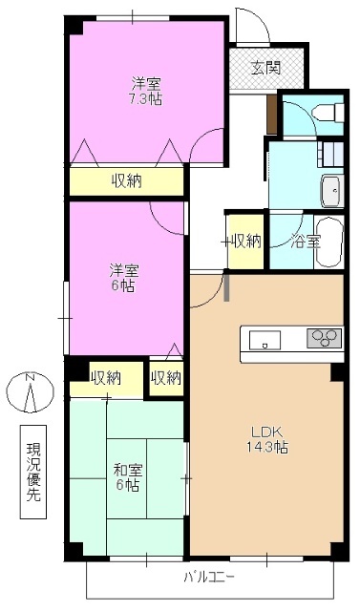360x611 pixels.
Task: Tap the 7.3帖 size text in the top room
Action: pyautogui.click(x=146, y=98)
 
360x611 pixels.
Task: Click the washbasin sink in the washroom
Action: pyautogui.click(x=331, y=190)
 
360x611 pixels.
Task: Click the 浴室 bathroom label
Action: pyautogui.click(x=306, y=241)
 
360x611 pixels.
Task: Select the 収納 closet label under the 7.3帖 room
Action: pyautogui.click(x=126, y=180)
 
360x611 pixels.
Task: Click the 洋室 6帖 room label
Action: pyautogui.click(x=123, y=278)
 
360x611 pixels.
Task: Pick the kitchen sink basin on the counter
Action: pyautogui.click(x=265, y=339)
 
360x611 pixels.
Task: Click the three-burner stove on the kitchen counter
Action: pyautogui.click(x=324, y=339)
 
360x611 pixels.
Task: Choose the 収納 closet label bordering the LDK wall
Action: pyautogui.click(x=165, y=377)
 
